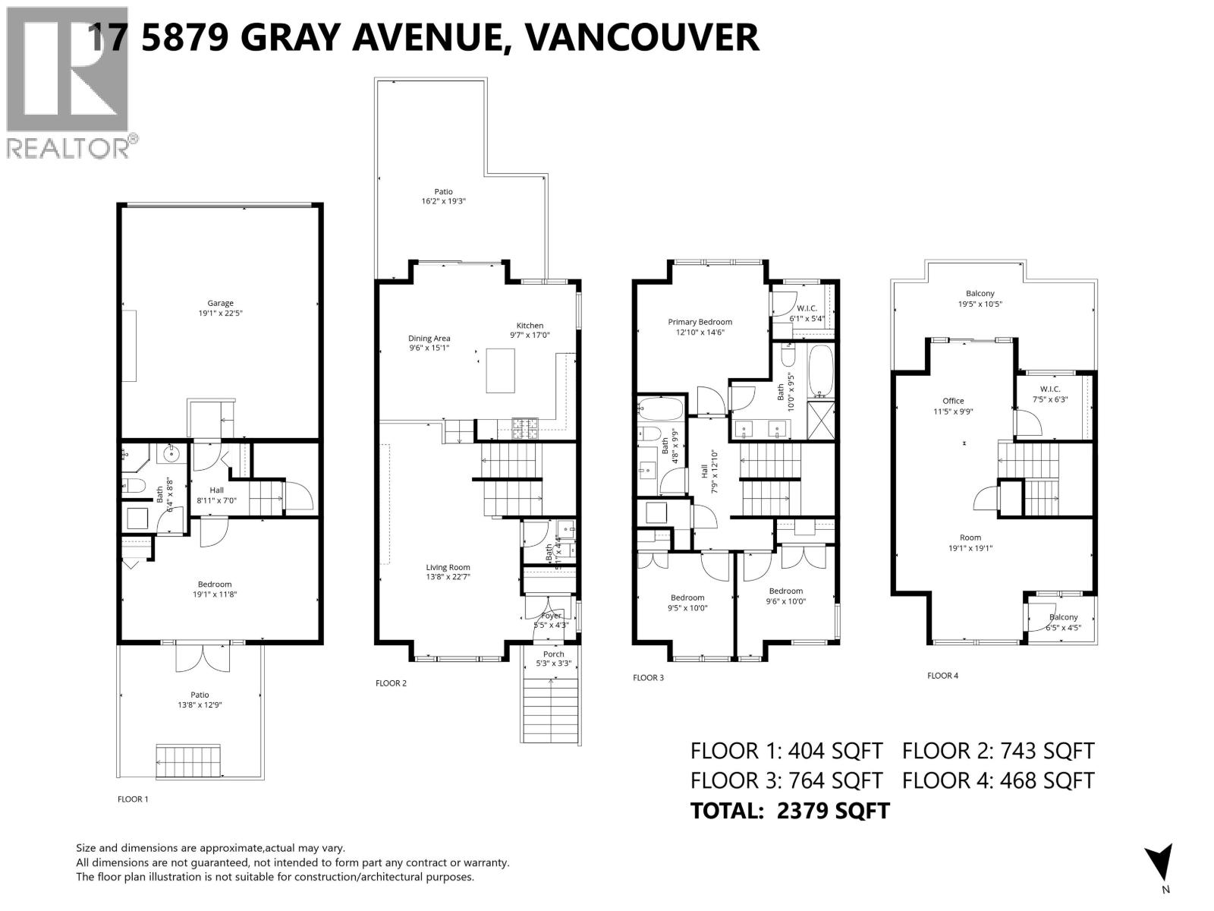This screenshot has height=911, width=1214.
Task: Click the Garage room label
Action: click(x=221, y=303)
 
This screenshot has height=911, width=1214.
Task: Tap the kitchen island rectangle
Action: click(x=501, y=369)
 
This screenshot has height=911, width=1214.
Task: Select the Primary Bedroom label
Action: click(x=700, y=322)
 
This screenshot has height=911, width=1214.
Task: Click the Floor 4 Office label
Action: click(x=953, y=401)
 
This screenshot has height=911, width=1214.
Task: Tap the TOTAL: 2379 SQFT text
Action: click(x=789, y=810)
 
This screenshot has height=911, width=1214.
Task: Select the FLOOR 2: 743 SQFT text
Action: click(x=998, y=751)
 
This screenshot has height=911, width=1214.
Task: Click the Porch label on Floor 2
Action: click(x=553, y=654)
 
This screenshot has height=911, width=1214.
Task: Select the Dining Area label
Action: click(x=429, y=339)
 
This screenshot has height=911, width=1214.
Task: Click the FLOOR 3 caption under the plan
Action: click(x=648, y=677)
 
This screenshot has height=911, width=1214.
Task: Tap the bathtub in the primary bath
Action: click(x=820, y=371)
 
